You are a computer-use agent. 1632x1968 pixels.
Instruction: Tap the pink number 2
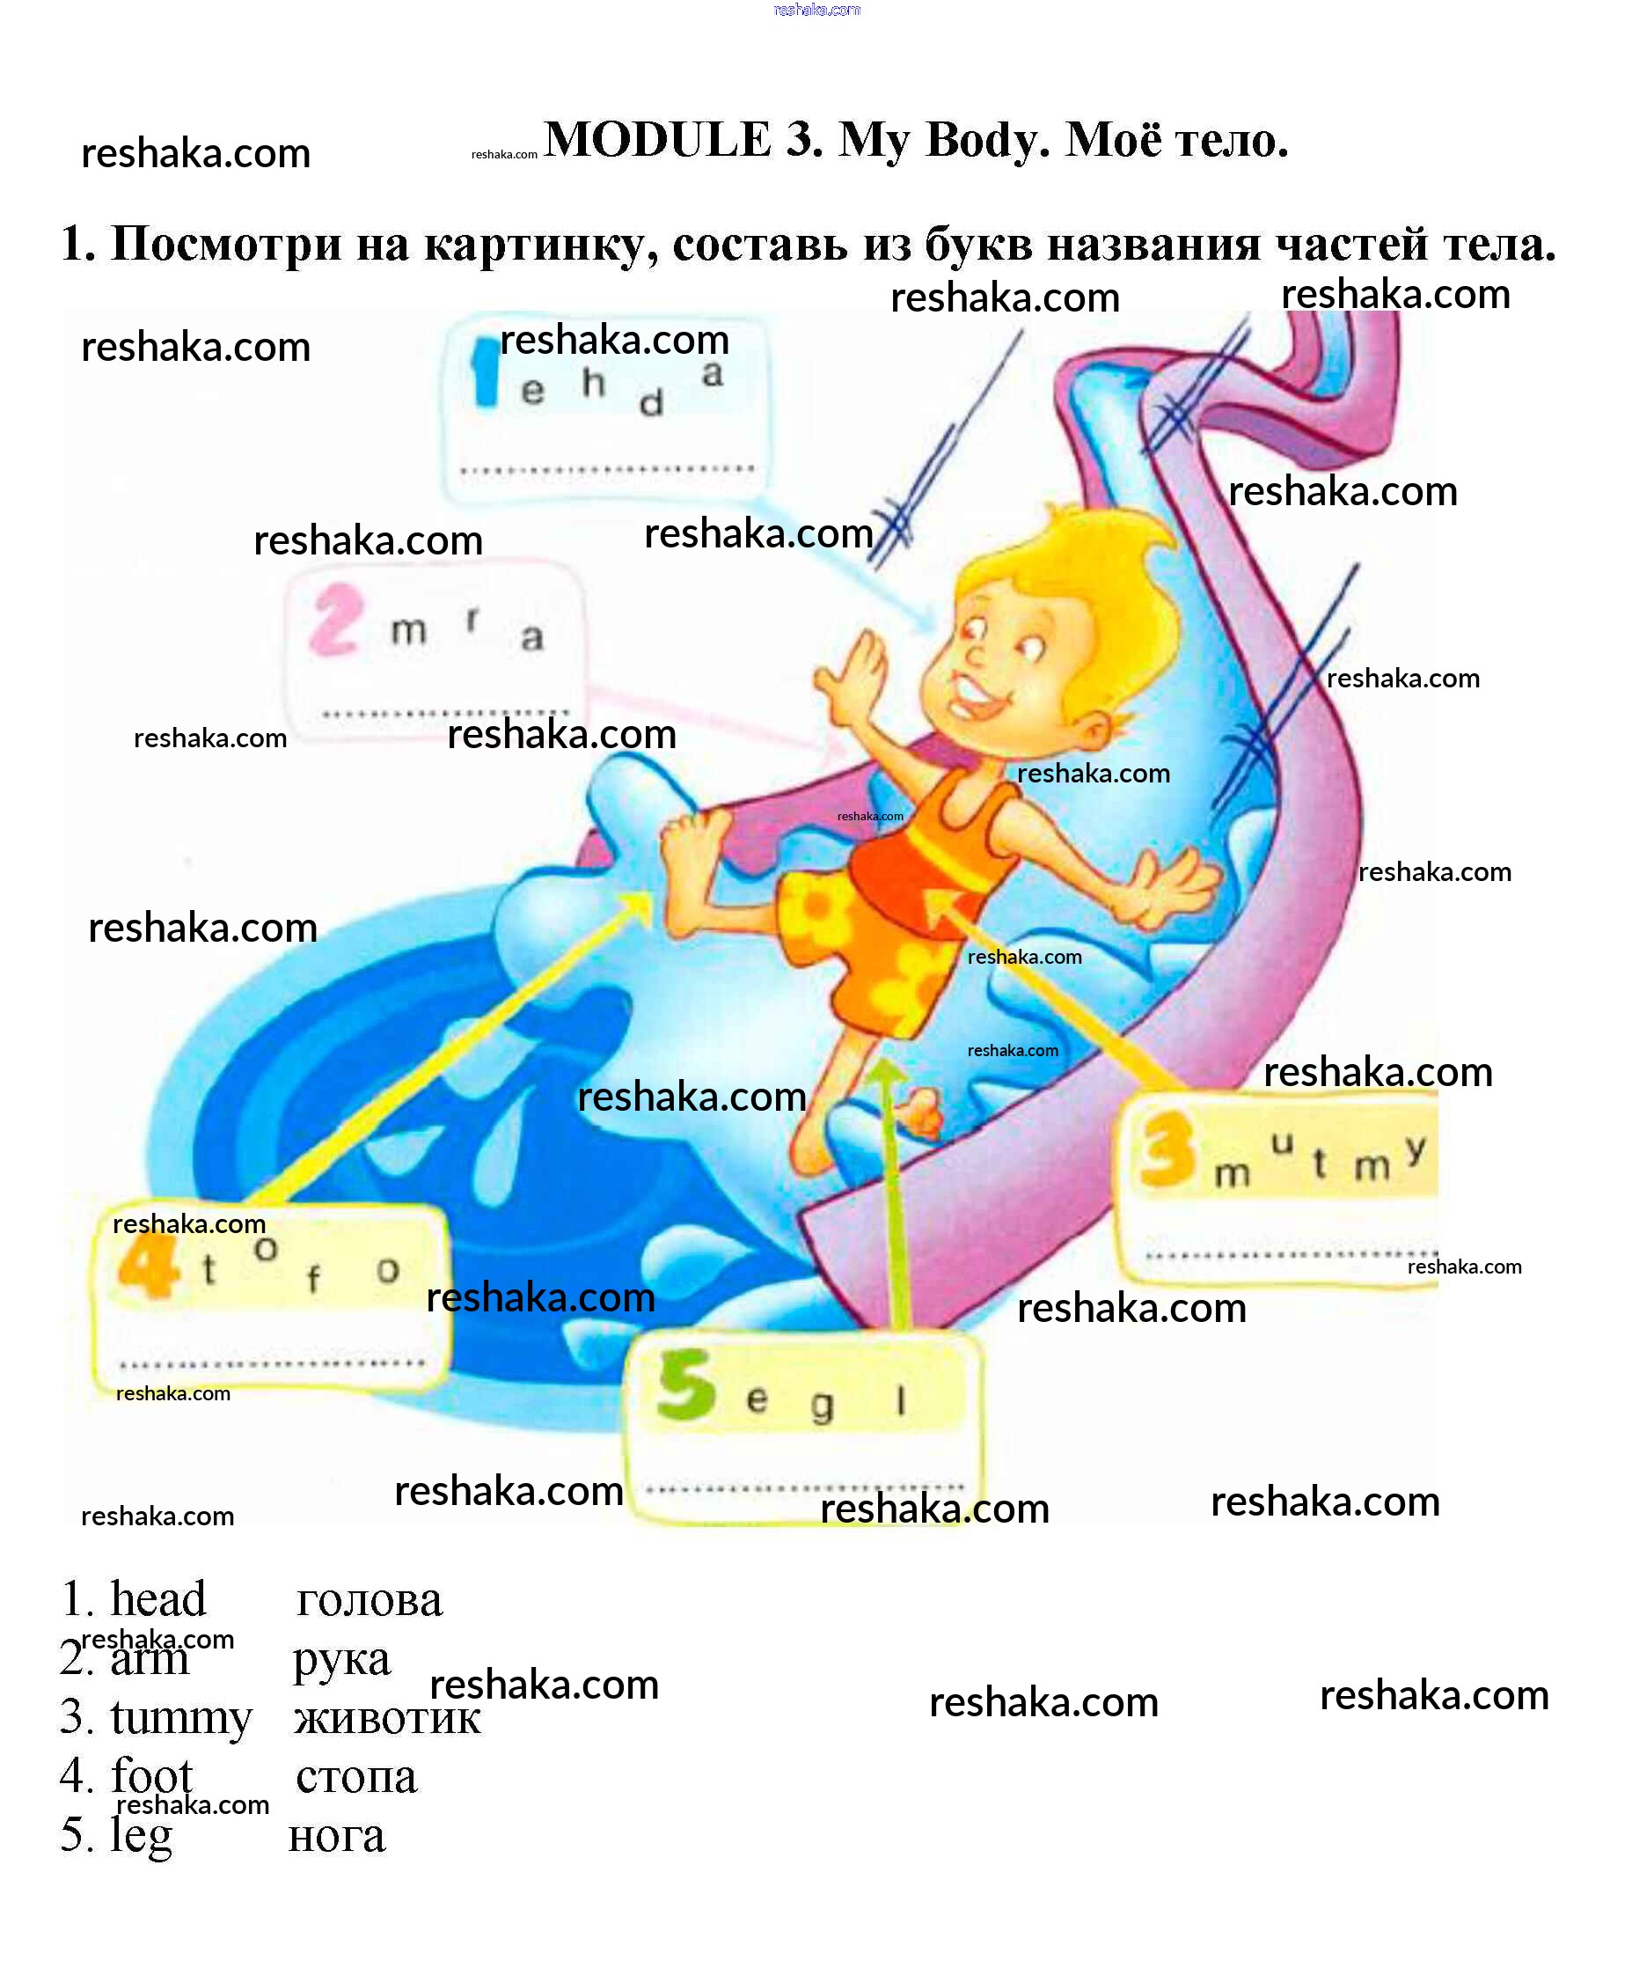point(335,620)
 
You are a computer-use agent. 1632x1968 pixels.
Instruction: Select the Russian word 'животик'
point(387,1718)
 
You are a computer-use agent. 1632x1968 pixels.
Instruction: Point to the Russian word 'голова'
point(368,1600)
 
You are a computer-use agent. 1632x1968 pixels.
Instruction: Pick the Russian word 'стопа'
point(356,1777)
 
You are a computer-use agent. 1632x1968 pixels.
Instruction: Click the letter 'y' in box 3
point(1415,1148)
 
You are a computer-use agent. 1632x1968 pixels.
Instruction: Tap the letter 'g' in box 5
point(822,1406)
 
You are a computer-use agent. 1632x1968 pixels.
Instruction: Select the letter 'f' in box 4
point(313,1278)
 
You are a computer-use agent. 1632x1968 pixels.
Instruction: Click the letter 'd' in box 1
point(651,403)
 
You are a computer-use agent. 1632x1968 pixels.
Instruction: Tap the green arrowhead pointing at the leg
point(885,1073)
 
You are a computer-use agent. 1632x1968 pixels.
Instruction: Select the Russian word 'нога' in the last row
point(336,1836)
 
